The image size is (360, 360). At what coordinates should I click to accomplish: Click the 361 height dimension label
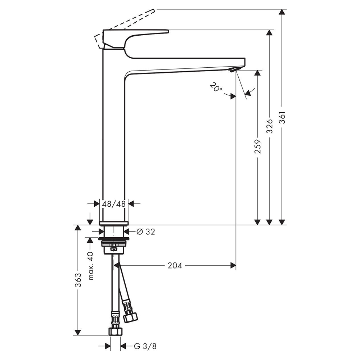click(283, 118)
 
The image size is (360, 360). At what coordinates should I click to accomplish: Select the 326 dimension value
click(270, 126)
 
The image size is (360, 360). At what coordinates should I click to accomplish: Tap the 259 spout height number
click(258, 147)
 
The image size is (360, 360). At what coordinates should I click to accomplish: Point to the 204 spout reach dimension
click(175, 266)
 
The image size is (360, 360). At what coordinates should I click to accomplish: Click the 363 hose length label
click(78, 280)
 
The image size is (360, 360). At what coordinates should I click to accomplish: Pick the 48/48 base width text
click(114, 204)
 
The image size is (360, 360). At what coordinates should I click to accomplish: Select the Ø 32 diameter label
click(146, 231)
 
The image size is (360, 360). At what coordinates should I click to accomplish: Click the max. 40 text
click(91, 266)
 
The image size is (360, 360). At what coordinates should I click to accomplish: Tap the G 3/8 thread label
click(145, 346)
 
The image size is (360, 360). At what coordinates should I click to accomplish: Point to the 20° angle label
click(216, 87)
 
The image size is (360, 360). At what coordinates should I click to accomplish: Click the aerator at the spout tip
click(235, 70)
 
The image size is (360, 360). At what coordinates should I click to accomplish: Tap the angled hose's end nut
click(130, 317)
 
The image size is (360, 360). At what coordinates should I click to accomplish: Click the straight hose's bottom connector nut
click(115, 332)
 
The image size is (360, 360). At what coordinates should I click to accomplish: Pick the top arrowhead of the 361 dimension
click(282, 12)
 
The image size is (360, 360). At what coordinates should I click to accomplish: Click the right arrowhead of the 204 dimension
click(233, 266)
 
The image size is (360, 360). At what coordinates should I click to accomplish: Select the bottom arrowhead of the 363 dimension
click(78, 332)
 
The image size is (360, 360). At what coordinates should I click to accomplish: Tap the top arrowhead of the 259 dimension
click(258, 73)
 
